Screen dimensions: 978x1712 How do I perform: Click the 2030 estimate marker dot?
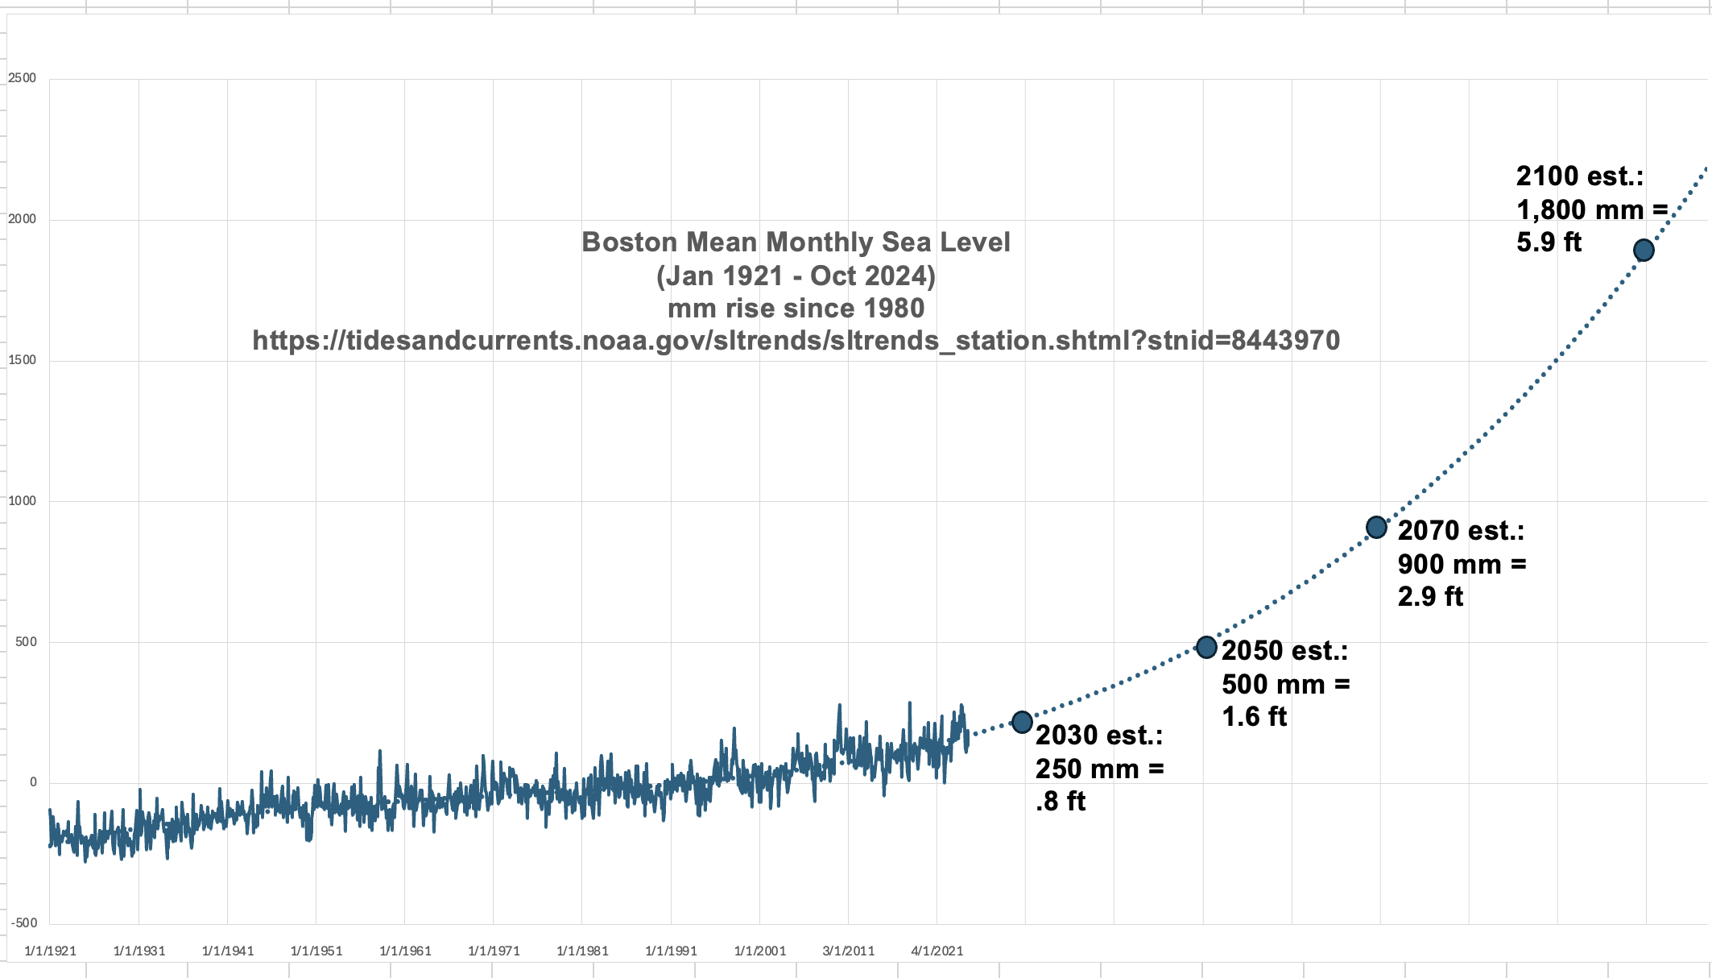point(1022,722)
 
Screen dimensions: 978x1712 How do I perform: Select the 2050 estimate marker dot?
point(1206,647)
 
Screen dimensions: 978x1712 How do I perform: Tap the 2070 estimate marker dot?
point(1377,528)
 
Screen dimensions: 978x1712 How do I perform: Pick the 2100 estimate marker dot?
point(1644,251)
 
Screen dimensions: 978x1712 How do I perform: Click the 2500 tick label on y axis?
point(23,78)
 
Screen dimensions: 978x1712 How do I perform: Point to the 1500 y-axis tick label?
point(23,360)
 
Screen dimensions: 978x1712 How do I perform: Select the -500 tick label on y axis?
point(24,923)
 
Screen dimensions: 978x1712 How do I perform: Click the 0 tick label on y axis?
point(33,782)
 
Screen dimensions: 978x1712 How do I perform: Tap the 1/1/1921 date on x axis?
point(51,951)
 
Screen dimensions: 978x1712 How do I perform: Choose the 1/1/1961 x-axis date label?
point(405,951)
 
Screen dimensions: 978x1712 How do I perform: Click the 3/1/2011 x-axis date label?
point(849,951)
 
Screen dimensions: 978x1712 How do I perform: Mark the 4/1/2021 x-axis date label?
point(937,951)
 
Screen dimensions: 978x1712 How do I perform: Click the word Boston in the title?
point(630,242)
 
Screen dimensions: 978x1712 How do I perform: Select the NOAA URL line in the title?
point(796,341)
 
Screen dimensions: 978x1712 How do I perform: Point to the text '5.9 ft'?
point(1549,242)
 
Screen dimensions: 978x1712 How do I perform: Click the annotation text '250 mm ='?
point(1099,769)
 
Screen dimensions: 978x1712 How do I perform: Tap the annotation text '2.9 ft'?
point(1430,597)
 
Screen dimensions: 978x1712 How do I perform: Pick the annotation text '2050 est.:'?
point(1284,651)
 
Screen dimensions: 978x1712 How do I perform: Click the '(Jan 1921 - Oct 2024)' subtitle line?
point(796,276)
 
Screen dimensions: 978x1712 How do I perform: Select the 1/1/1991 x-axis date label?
point(671,951)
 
